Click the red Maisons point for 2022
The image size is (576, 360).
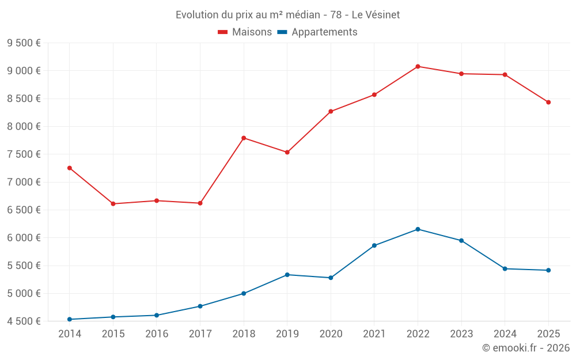(418, 66)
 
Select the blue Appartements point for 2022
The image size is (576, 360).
(418, 229)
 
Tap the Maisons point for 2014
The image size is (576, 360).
(70, 168)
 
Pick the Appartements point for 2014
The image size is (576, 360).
(70, 319)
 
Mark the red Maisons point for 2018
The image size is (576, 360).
(244, 138)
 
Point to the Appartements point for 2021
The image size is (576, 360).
(374, 245)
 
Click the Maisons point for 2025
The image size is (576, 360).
(548, 103)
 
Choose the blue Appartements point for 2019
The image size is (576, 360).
(287, 275)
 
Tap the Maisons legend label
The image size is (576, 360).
(252, 32)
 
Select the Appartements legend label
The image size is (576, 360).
(324, 32)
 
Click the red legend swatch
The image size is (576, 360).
(223, 32)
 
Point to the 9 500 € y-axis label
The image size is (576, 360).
(24, 43)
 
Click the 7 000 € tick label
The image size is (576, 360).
(24, 182)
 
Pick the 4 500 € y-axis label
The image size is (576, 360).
(24, 321)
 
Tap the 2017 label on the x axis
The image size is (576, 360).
(200, 334)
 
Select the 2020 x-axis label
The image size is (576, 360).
(331, 334)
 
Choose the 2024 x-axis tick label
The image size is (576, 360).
(505, 334)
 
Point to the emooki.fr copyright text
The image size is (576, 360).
(525, 348)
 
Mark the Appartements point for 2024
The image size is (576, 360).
(505, 268)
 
